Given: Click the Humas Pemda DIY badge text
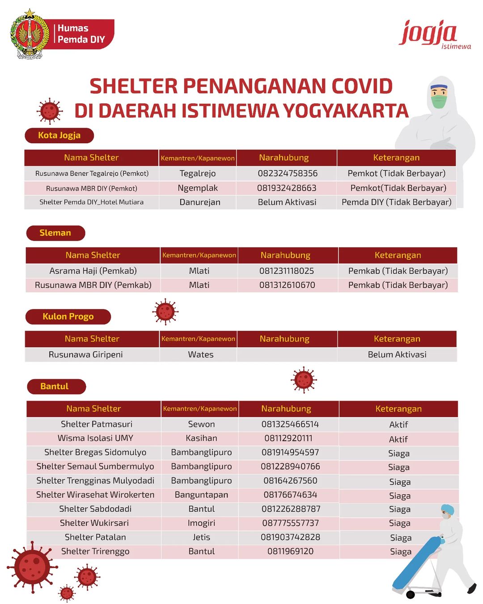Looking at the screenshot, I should [x=81, y=34].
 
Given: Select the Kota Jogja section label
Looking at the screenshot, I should [x=59, y=136].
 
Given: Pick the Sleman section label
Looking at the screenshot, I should [x=55, y=233].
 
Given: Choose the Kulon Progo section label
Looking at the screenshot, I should [x=68, y=316].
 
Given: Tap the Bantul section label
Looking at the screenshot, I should [x=55, y=386].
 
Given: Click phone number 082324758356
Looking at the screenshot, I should [x=288, y=173].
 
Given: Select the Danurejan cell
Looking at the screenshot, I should [x=199, y=202].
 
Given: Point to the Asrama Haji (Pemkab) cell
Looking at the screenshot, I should [x=93, y=271].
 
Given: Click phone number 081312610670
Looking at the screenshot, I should [x=287, y=285].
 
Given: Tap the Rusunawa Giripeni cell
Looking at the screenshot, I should [x=85, y=354].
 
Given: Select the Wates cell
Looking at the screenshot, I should [x=200, y=354].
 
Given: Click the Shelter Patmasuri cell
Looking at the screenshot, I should [x=97, y=424].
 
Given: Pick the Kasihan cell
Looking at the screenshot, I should [x=201, y=438].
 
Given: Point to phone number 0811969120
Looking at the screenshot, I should [x=290, y=551].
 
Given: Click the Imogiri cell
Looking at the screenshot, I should [x=201, y=523].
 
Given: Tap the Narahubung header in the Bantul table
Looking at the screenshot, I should [x=286, y=408].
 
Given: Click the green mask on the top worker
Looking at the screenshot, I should [x=439, y=102].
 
